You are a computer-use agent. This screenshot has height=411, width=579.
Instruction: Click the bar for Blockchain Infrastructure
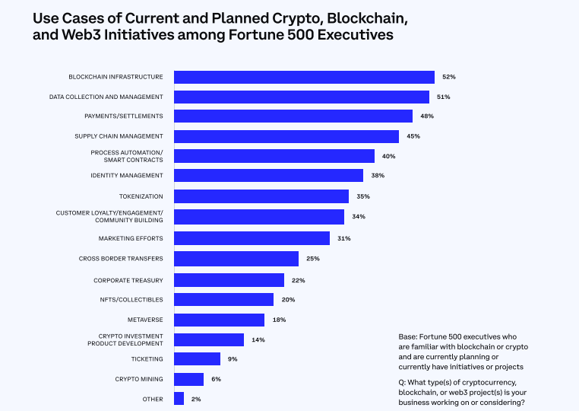304,77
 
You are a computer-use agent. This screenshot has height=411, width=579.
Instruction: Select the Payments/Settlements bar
293,116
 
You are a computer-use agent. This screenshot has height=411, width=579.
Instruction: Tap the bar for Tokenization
261,196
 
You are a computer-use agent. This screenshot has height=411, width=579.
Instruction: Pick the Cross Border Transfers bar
236,259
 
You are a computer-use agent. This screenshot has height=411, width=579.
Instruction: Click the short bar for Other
179,399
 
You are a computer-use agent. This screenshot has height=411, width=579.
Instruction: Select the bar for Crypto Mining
188,379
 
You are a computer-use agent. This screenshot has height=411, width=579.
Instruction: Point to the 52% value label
448,77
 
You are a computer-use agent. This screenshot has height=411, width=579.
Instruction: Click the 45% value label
413,136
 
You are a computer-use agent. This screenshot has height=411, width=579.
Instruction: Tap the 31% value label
343,238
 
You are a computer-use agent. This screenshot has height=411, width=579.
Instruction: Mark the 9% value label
232,358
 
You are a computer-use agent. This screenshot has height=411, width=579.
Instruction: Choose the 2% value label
196,399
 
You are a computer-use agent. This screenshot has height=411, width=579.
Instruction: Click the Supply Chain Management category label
119,136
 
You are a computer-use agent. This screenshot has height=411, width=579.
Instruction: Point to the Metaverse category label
145,319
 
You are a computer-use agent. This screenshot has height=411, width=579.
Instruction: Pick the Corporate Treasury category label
128,280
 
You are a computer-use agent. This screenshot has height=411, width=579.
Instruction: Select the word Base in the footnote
407,336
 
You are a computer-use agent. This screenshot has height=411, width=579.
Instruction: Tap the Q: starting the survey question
403,381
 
